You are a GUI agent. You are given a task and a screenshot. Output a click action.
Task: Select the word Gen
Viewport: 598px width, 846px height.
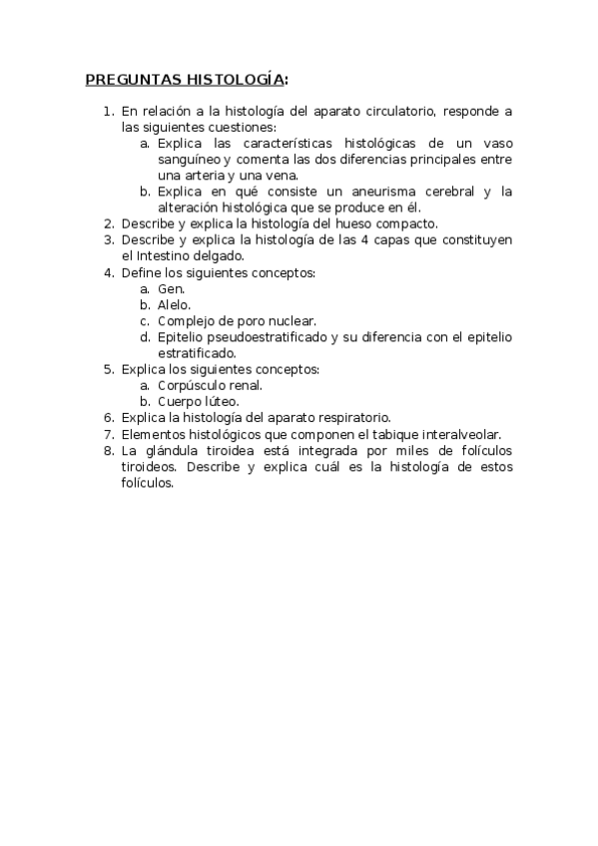(171, 288)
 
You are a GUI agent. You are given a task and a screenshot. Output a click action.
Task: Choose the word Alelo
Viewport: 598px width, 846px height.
(174, 304)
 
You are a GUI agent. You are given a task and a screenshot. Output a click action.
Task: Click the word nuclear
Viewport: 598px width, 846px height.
(292, 320)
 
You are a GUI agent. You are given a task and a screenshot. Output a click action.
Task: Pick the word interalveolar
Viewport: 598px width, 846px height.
(453, 433)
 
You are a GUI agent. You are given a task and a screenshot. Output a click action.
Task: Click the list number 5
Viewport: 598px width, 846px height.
(109, 369)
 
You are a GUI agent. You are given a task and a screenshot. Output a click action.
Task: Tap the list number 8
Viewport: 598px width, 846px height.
(109, 449)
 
